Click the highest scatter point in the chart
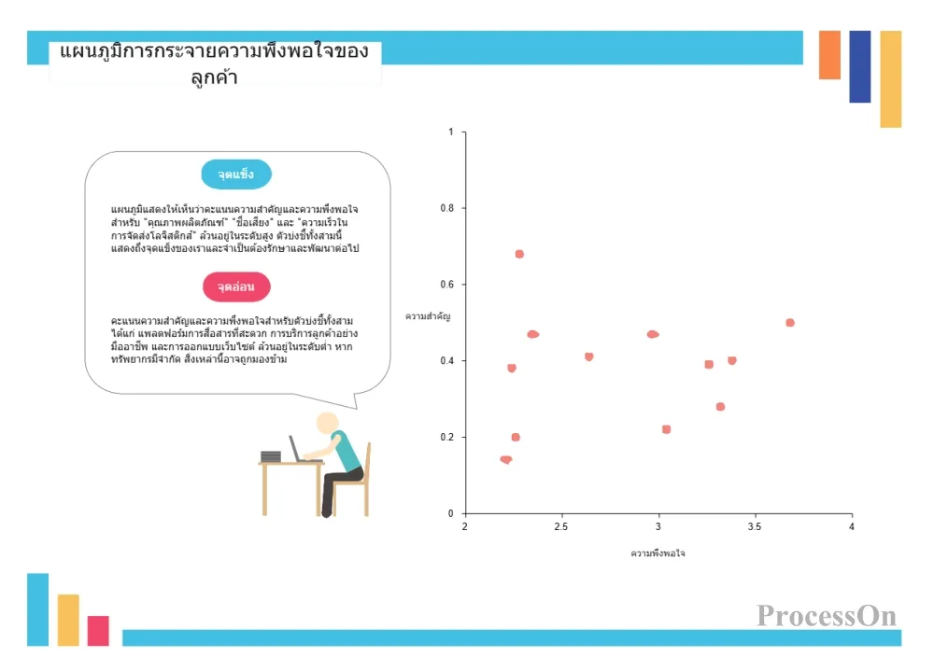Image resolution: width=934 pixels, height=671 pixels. coord(519,254)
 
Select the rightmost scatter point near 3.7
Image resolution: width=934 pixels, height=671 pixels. coord(790,323)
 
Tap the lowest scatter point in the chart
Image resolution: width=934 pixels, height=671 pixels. coord(506,460)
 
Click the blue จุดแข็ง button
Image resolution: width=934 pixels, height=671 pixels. coord(236,175)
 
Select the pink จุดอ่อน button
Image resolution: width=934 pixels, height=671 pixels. coord(236,287)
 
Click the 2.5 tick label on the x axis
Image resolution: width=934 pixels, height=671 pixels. coord(561,526)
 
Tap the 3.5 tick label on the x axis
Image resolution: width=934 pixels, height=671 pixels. coord(755,526)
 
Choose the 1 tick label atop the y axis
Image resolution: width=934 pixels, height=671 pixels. coord(451,132)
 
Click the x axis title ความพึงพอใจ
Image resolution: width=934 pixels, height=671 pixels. coord(658,553)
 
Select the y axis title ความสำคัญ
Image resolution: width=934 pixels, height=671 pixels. coord(428,316)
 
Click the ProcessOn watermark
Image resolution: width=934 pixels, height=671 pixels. coord(827,616)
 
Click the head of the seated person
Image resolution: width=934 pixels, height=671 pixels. coord(327,423)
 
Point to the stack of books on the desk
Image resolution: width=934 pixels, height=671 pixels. coord(271,456)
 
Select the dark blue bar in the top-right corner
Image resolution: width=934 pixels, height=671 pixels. coord(860,66)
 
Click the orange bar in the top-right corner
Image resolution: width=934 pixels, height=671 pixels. coord(829,55)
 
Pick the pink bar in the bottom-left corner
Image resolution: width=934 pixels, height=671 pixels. coord(98,631)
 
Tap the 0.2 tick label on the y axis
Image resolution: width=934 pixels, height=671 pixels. coord(446,437)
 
